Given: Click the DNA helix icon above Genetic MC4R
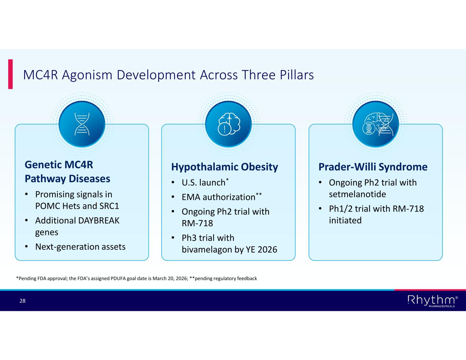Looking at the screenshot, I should point(82,124).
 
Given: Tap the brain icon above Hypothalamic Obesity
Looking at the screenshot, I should point(228,124).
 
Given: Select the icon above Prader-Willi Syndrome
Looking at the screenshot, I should point(376,124).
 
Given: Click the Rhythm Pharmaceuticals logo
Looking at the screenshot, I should point(432,301).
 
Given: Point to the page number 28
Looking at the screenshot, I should point(23,301).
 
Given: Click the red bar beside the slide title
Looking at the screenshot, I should point(10,74).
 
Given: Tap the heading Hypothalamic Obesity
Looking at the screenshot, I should point(225,167).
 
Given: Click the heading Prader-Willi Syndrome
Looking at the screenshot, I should point(373,167).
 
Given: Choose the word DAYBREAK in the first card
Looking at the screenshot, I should point(99,220).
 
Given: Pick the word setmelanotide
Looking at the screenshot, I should point(357,194).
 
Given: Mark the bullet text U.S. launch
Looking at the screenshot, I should point(203,183).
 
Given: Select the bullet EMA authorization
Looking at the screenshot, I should point(218,197).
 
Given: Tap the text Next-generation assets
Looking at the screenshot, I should point(81,247).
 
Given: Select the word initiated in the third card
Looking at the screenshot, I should point(345,220).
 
